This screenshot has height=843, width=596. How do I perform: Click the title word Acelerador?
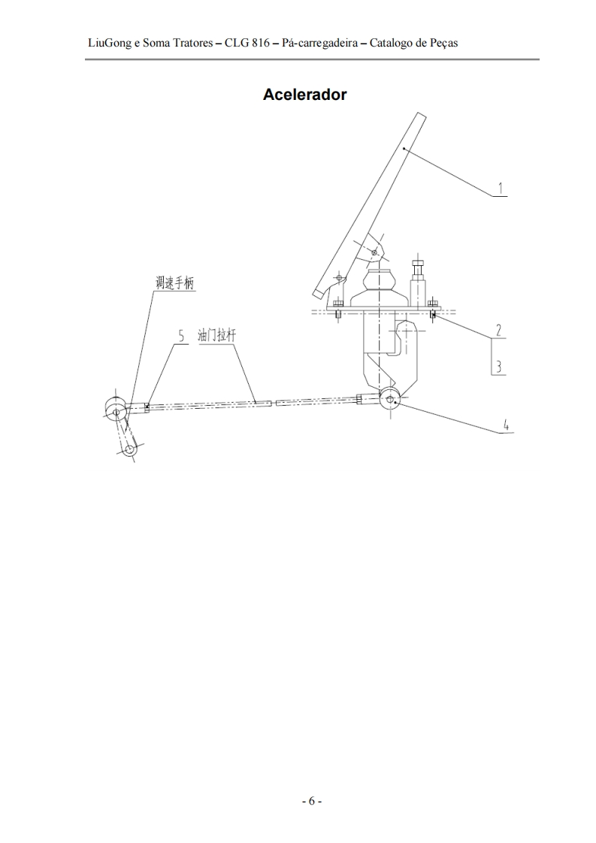(x=304, y=95)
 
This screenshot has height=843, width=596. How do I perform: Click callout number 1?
(x=501, y=188)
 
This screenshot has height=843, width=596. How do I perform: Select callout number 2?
(x=498, y=330)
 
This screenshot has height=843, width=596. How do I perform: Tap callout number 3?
(x=498, y=367)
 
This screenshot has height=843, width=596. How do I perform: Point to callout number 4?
(x=505, y=425)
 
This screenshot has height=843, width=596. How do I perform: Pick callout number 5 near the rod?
(x=181, y=337)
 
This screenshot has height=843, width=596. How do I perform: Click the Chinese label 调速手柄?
(x=174, y=283)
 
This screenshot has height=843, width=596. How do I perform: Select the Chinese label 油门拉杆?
(x=216, y=336)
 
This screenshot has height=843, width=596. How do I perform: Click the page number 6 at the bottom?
(x=311, y=801)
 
